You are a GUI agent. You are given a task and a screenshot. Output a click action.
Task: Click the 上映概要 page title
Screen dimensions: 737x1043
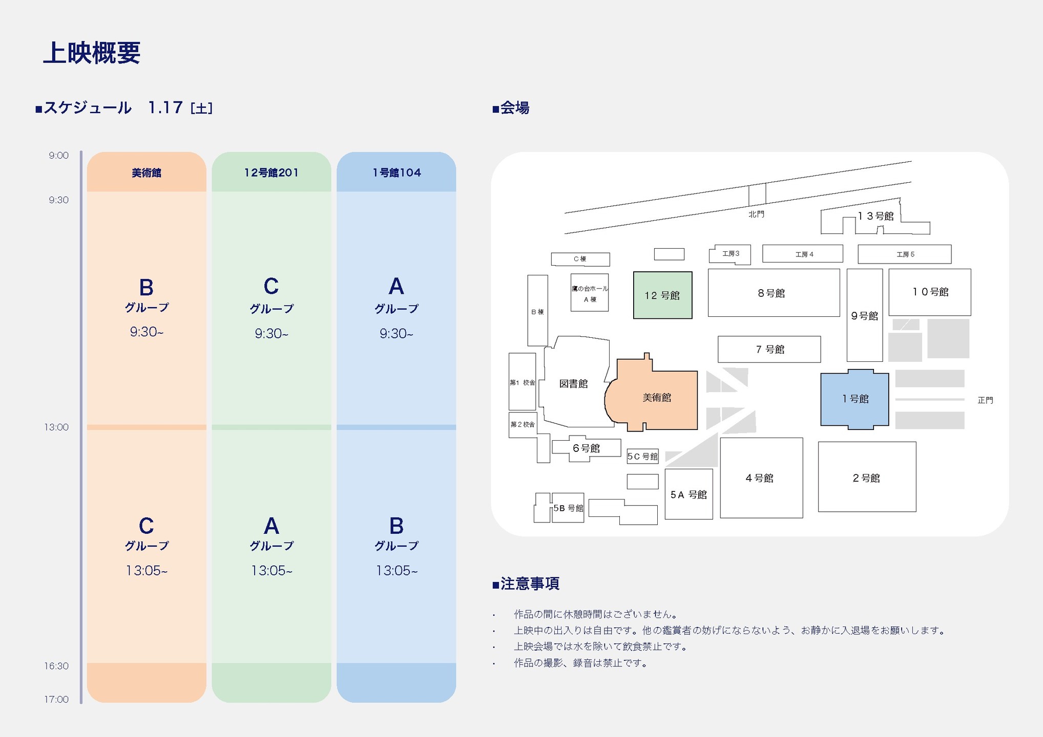(x=92, y=53)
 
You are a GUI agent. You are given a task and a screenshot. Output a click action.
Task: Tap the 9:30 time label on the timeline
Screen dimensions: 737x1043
(x=58, y=200)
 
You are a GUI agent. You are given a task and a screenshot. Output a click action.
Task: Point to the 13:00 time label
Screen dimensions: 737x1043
(x=56, y=427)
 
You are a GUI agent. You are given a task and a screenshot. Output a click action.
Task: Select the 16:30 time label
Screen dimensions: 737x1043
(x=56, y=666)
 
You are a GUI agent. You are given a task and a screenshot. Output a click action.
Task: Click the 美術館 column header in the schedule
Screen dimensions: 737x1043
(x=147, y=173)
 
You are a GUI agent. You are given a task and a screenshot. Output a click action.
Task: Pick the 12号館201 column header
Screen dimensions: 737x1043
(x=271, y=173)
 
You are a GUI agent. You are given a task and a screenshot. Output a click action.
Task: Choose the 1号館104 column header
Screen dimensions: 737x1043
(x=397, y=173)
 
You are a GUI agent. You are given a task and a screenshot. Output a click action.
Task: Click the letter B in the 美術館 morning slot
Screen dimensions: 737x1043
(x=147, y=288)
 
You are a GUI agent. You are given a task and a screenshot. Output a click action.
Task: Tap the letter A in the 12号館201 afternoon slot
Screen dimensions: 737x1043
(x=271, y=526)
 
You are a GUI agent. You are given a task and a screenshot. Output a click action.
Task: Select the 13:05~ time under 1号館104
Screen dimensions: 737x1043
(x=397, y=571)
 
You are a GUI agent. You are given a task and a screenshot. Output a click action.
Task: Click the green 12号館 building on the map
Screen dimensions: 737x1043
(x=662, y=295)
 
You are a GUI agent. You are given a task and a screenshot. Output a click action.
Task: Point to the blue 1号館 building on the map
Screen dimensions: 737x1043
(x=855, y=399)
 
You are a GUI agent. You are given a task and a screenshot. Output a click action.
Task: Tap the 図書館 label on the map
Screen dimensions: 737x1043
(x=573, y=384)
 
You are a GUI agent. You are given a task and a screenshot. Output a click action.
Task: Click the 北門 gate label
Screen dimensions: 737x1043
(x=756, y=214)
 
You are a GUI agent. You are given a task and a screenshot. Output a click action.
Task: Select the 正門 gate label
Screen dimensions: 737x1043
(x=985, y=400)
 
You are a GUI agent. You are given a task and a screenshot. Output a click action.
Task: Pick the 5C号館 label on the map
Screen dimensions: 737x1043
(x=642, y=457)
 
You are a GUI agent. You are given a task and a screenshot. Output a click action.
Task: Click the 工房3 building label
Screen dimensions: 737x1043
(x=731, y=254)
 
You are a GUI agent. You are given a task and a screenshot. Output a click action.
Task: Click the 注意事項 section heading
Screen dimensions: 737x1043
(x=529, y=583)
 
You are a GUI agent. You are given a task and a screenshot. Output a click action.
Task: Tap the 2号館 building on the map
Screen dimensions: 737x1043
(x=866, y=478)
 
